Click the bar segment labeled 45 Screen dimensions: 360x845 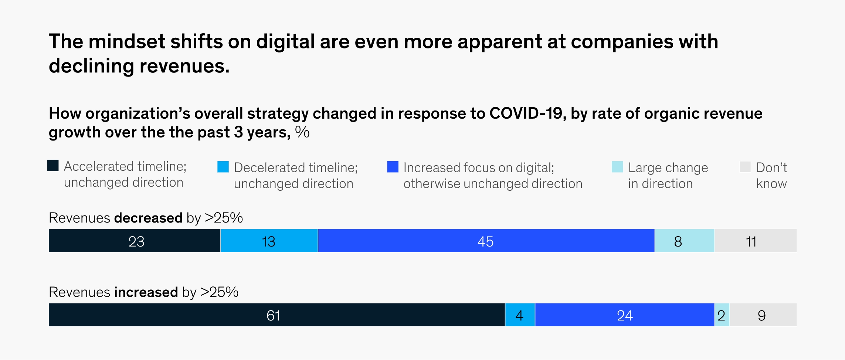point(486,241)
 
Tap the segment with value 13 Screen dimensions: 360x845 point(269,241)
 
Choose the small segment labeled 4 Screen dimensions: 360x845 point(520,315)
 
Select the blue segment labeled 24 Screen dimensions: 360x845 point(625,315)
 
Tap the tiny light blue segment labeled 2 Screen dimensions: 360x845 point(722,315)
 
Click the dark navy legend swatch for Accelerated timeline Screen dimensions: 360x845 point(53,166)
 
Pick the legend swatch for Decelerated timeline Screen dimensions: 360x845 point(223,167)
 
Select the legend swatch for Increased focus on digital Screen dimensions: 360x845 point(393,167)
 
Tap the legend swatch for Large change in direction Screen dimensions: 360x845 point(617,167)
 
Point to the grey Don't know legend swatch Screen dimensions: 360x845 point(745,167)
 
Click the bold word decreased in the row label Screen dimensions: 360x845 point(148,218)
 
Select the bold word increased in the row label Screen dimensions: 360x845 point(146,292)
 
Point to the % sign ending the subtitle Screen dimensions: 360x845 point(302,132)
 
